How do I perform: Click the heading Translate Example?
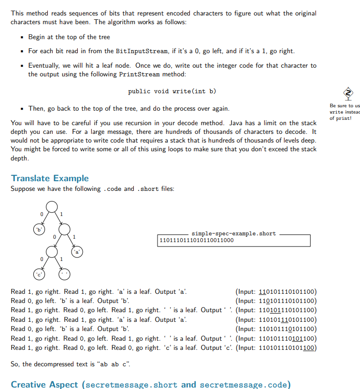coord(50,178)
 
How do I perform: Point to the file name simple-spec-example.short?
coord(233,233)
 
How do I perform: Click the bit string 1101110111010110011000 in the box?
coord(196,240)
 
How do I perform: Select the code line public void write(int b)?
coord(172,91)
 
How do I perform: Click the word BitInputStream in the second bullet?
coord(140,51)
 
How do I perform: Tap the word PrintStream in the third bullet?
coord(138,74)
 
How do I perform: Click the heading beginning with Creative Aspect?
coord(151,384)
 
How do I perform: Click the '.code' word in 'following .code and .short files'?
coord(113,188)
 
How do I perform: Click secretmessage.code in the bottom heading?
coord(245,385)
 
